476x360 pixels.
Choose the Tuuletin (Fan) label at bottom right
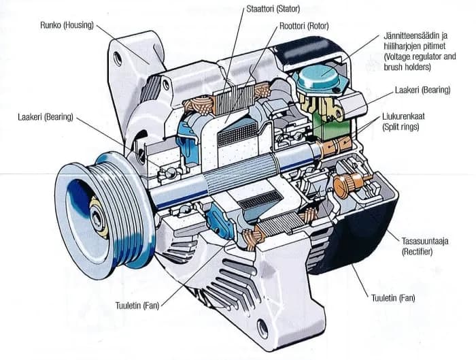(x=393, y=297)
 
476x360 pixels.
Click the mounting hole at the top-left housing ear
(x=118, y=59)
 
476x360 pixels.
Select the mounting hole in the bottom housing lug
(x=264, y=329)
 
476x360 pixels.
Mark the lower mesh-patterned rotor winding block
(x=262, y=199)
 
